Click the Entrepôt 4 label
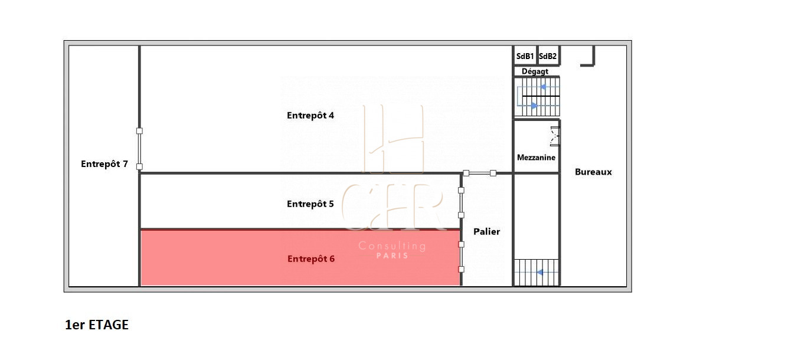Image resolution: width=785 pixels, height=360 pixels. coord(310,116)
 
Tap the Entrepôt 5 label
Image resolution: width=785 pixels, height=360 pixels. coord(310,204)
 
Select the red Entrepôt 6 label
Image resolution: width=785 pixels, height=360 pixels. coord(311,259)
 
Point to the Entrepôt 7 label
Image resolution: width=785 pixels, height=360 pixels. coord(104,164)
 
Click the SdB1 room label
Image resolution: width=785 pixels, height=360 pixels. coord(525,56)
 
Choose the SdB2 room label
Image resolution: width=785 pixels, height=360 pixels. coord(548,56)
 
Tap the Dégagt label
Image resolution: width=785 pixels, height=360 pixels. coord(535,71)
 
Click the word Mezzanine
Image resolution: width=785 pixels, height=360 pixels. coord(536,158)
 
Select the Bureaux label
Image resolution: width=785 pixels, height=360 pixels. coord(593,172)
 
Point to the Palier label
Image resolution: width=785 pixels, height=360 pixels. coord(486,232)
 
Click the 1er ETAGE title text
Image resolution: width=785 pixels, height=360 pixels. coord(97,325)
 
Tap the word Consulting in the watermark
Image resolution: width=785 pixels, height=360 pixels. coord(392,246)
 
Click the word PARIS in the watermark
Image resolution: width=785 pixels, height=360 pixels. coord(392,256)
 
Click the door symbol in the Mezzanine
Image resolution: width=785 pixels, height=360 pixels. coord(555,136)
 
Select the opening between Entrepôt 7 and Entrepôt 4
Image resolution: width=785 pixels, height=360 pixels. coord(139,149)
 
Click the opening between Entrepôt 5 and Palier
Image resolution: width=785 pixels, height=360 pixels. coord(461,202)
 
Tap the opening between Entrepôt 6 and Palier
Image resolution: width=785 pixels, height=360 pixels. coord(461,257)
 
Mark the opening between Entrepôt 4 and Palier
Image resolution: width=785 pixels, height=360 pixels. coord(479,173)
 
